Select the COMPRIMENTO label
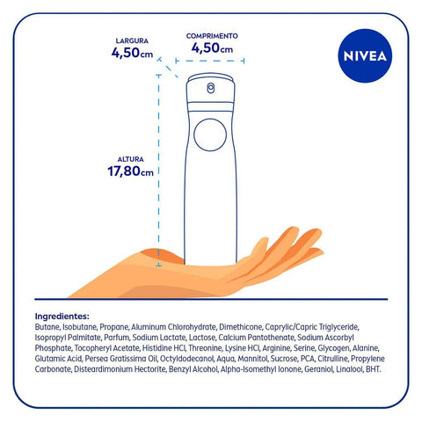click(x=211, y=36)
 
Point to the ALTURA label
click(x=130, y=159)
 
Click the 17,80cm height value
click(x=130, y=171)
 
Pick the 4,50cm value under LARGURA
click(x=132, y=53)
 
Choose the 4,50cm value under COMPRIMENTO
click(x=211, y=48)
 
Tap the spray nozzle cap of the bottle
click(x=211, y=86)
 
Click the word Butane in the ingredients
click(x=48, y=326)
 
